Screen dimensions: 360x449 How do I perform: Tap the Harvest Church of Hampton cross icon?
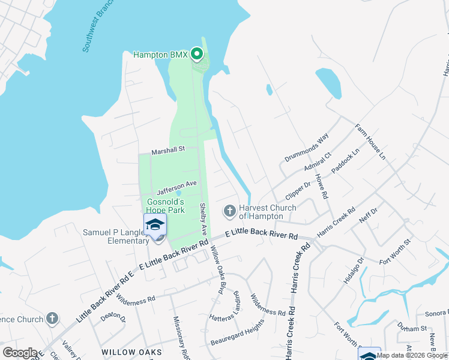(229, 211)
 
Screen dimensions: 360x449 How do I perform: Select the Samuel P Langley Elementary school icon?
(155, 226)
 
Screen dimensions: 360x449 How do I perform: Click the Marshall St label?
(167, 150)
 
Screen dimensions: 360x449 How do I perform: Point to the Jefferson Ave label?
(177, 188)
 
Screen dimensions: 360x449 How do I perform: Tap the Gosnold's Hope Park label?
(166, 206)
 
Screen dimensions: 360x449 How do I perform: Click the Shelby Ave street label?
(203, 218)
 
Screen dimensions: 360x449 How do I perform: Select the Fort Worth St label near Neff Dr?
(394, 251)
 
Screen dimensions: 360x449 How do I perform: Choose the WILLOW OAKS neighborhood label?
(131, 352)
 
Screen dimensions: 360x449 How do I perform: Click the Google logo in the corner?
(20, 353)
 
